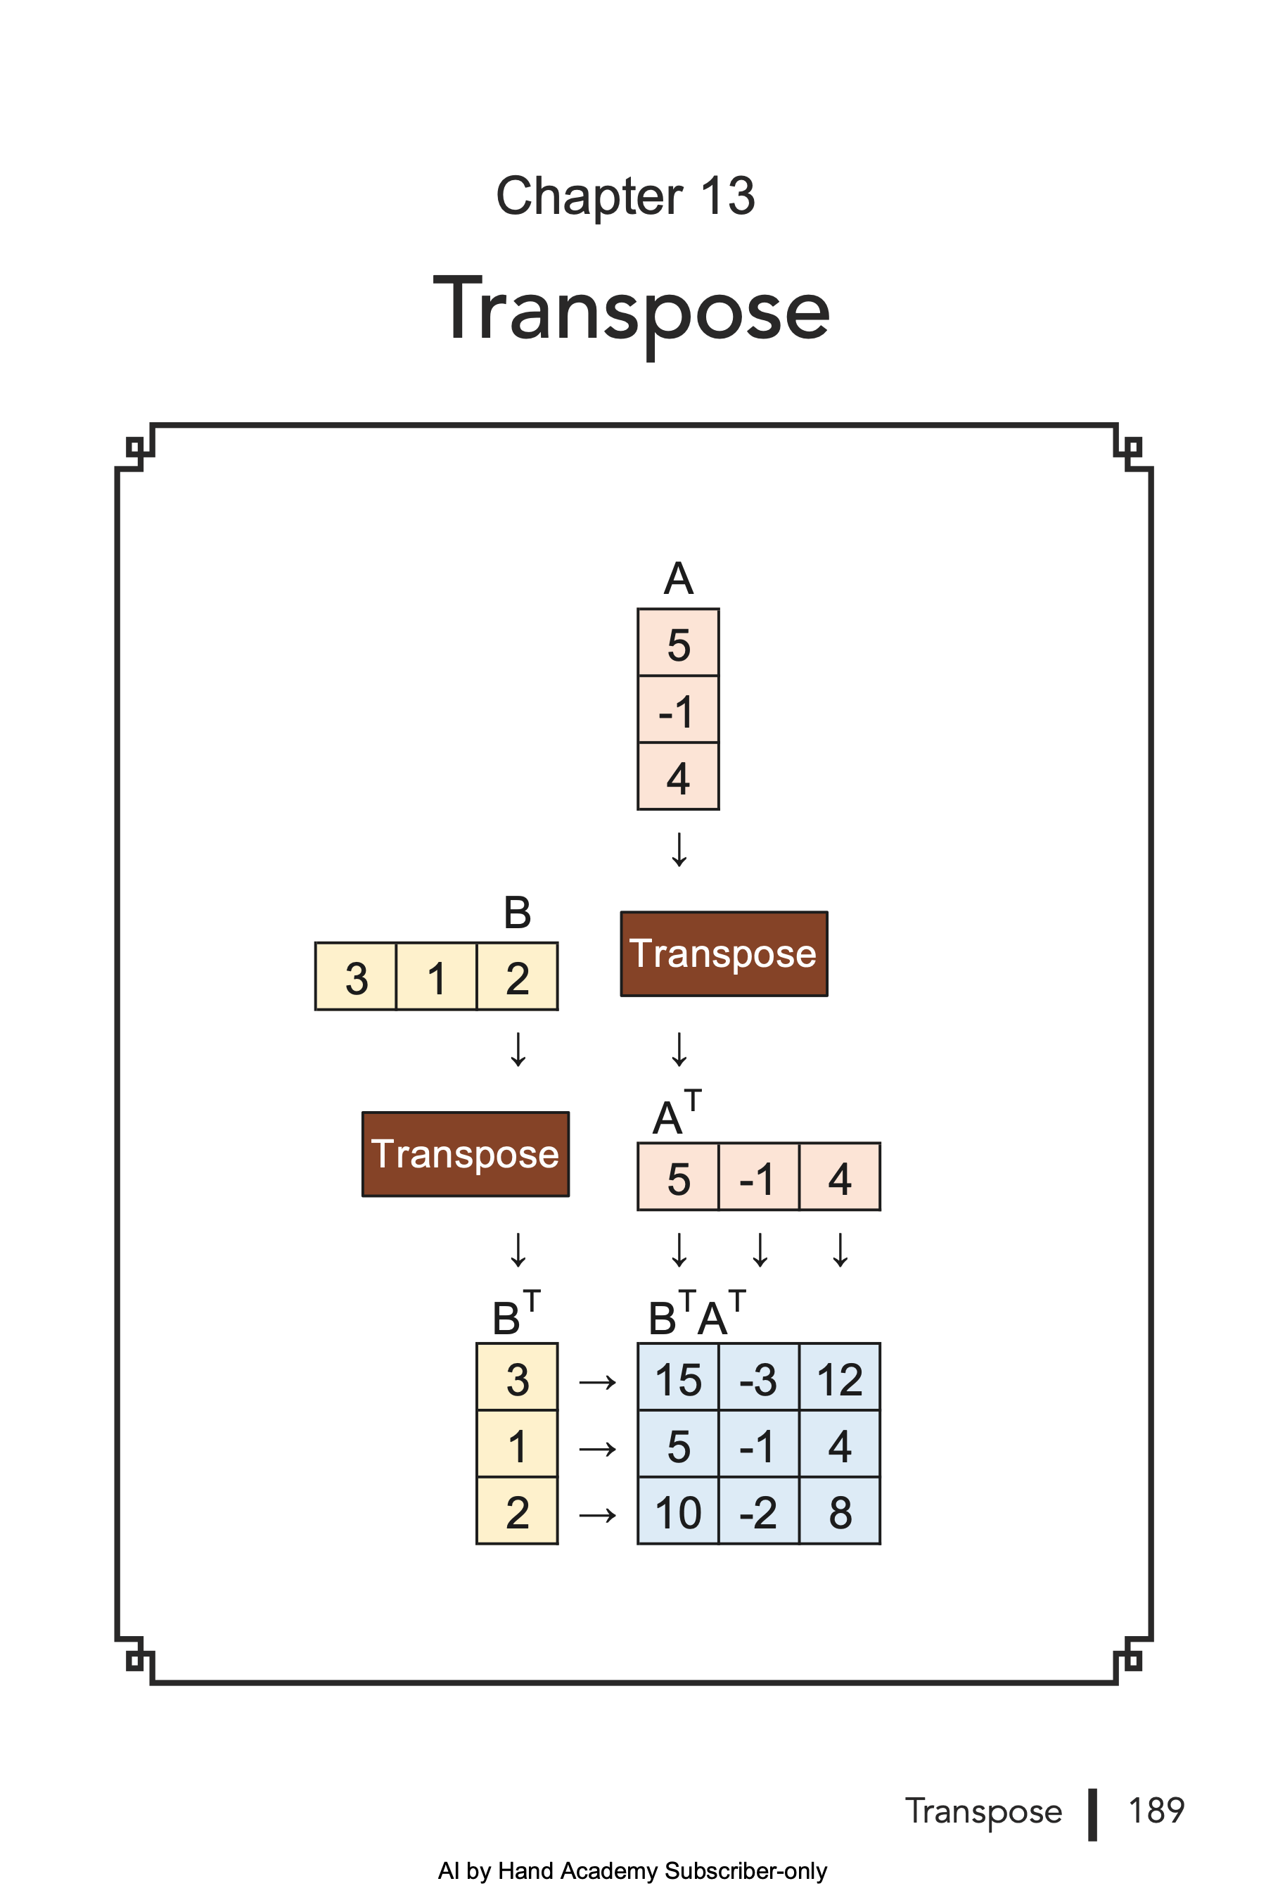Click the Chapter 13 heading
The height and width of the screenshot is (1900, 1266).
pyautogui.click(x=625, y=196)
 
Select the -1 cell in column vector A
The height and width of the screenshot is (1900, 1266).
pyautogui.click(x=678, y=710)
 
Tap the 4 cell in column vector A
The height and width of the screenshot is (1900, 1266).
pyautogui.click(x=678, y=777)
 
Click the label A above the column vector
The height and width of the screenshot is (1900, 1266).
pyautogui.click(x=678, y=579)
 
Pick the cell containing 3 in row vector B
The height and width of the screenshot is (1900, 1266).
pyautogui.click(x=356, y=977)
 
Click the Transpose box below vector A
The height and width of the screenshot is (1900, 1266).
pyautogui.click(x=724, y=954)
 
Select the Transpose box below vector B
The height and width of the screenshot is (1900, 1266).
pyautogui.click(x=465, y=1153)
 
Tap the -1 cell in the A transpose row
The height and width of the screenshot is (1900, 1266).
pyautogui.click(x=758, y=1177)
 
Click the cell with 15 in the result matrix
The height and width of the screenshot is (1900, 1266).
pyautogui.click(x=678, y=1378)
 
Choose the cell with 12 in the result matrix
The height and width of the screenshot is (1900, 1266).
pyautogui.click(x=840, y=1378)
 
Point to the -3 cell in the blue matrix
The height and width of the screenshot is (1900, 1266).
pyautogui.click(x=758, y=1378)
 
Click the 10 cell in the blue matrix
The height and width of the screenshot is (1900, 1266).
pyautogui.click(x=678, y=1512)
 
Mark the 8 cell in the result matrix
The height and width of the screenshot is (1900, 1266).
pyautogui.click(x=840, y=1512)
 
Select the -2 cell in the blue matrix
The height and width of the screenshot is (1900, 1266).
pyautogui.click(x=758, y=1512)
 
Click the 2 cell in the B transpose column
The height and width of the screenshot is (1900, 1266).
pyautogui.click(x=517, y=1512)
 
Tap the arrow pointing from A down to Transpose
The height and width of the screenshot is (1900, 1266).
pyautogui.click(x=679, y=850)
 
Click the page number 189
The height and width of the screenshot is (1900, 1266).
pyautogui.click(x=1156, y=1811)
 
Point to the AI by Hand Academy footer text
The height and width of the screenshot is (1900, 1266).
pyautogui.click(x=632, y=1871)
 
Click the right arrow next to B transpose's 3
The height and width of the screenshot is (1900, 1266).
pyautogui.click(x=597, y=1382)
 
